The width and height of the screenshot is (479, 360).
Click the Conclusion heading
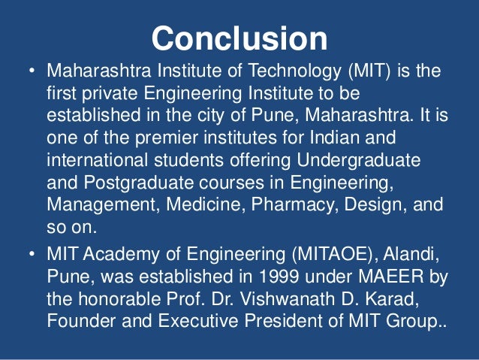239,38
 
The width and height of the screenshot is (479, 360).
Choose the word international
104,162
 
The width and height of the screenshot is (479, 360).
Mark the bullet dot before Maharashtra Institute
31,74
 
